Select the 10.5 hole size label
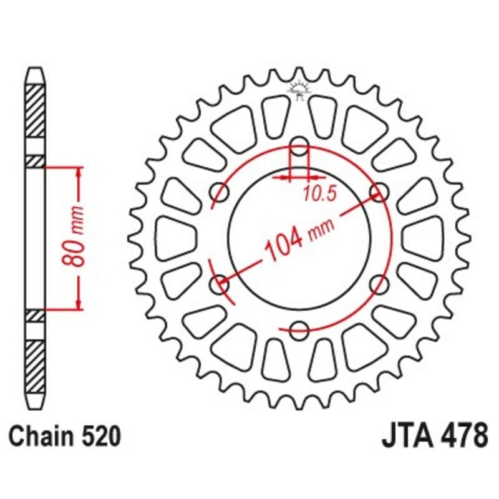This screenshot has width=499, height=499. pyautogui.click(x=320, y=194)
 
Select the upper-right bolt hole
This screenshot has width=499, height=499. pyautogui.click(x=378, y=192)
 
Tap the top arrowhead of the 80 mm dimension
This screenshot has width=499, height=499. pyautogui.click(x=79, y=172)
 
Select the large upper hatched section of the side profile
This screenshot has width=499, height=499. pyautogui.click(x=35, y=110)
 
